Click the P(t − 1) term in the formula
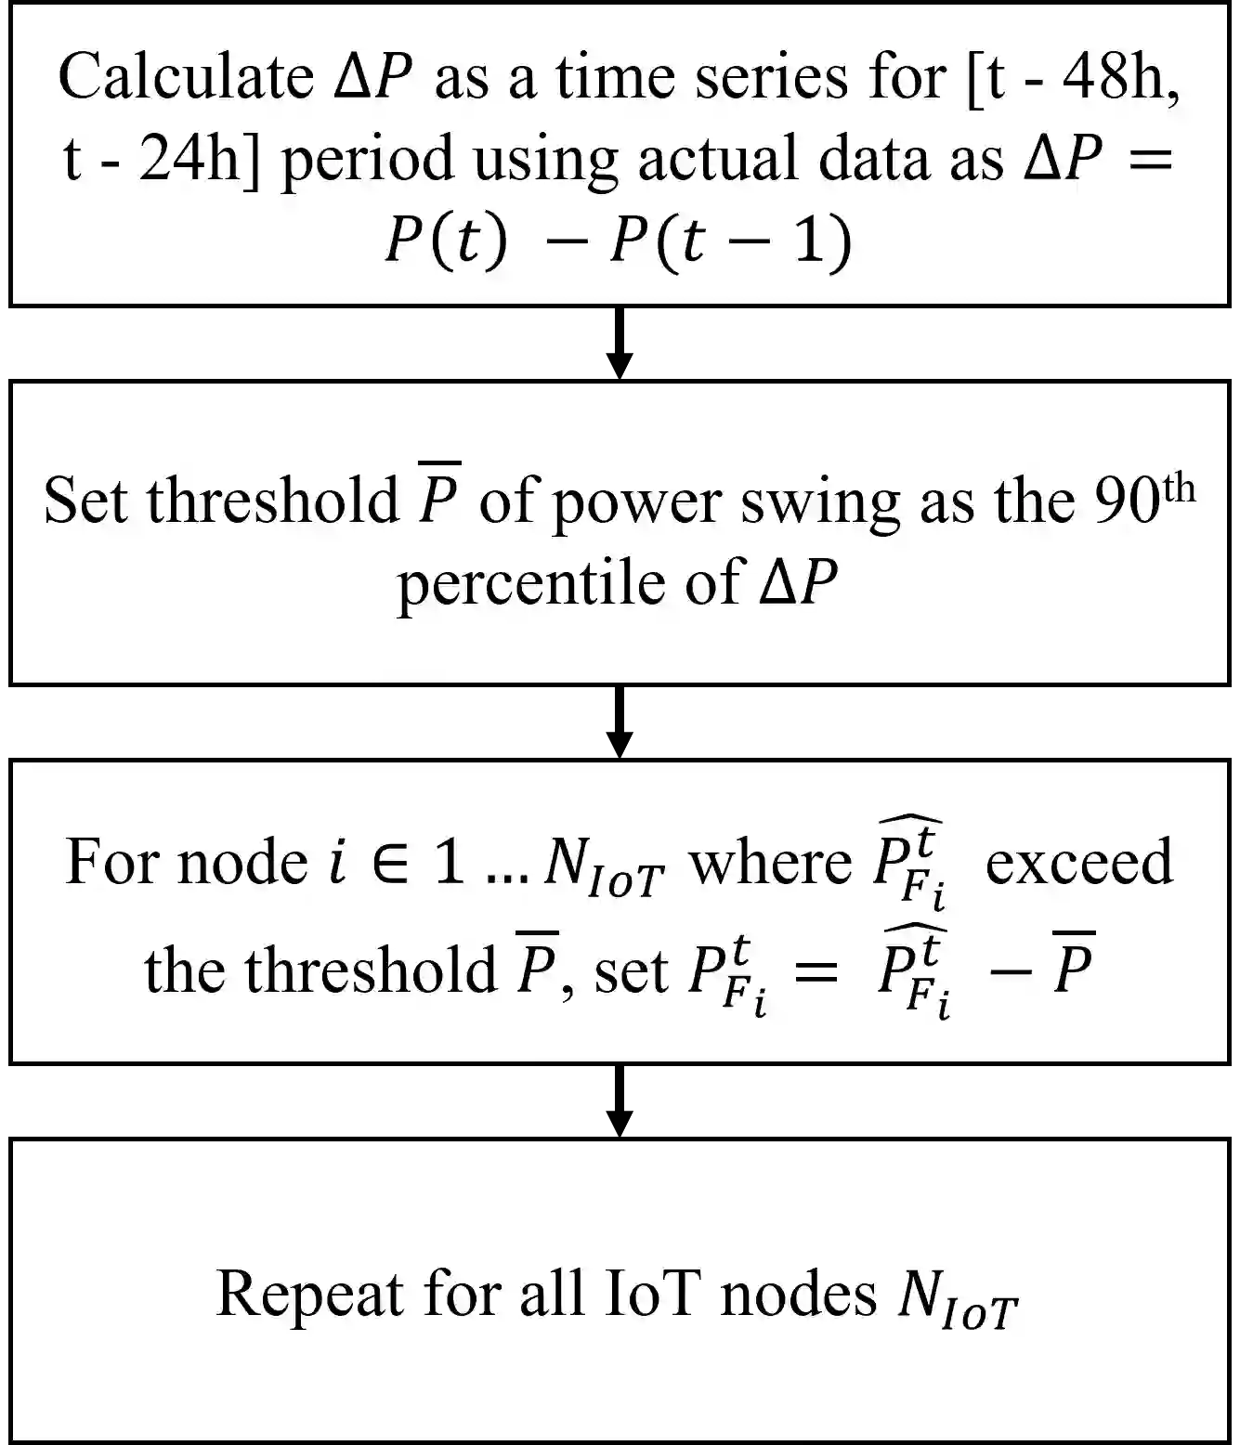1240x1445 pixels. [729, 241]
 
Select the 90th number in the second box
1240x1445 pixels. [1143, 497]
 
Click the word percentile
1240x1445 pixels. [531, 582]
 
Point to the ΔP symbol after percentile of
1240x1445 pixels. [799, 582]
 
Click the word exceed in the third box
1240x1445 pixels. [1078, 861]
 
